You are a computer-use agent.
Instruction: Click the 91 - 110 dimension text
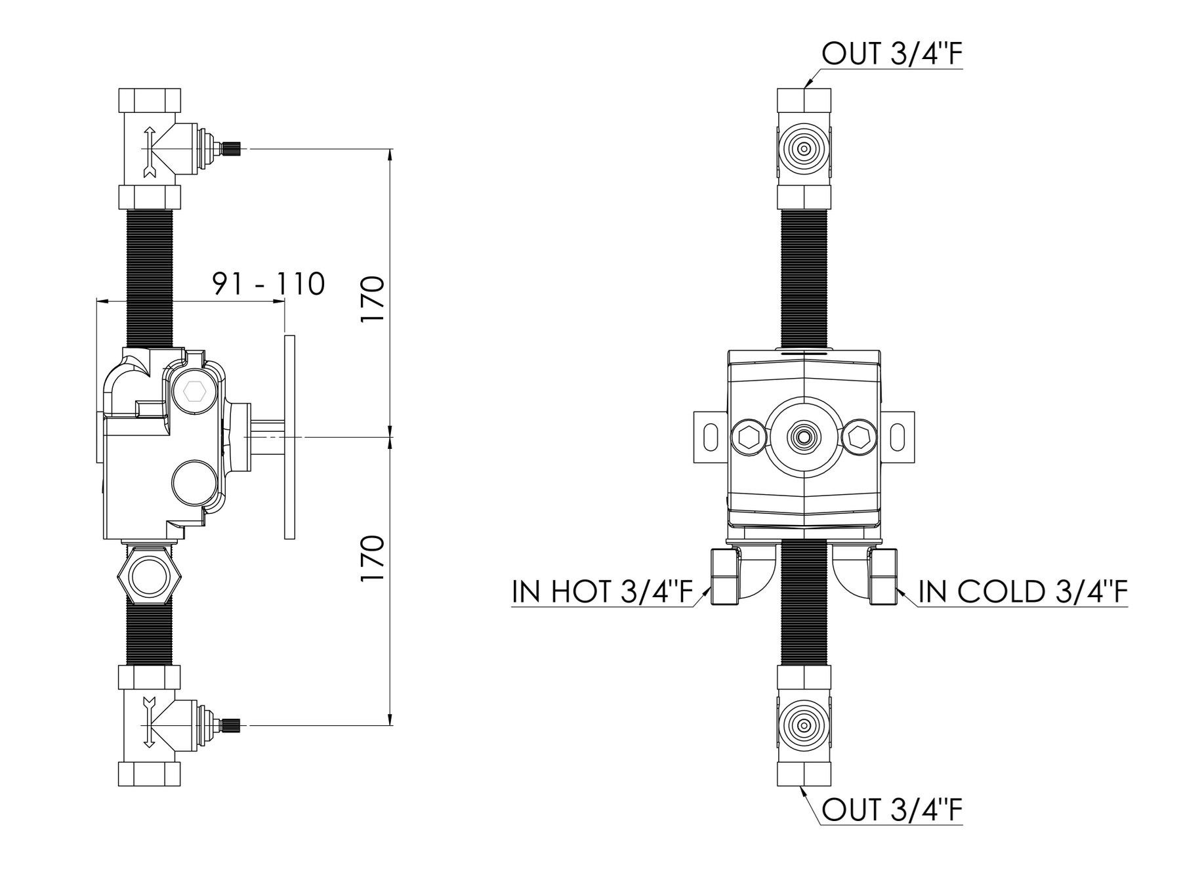pos(268,284)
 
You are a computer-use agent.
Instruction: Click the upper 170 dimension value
pos(372,299)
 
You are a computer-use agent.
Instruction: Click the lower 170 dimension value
pos(372,558)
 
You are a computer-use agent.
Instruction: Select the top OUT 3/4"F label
pos(892,55)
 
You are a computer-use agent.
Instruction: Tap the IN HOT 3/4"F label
pos(602,592)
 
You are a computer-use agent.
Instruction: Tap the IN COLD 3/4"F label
pos(1023,592)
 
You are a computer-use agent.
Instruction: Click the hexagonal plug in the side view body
pos(195,392)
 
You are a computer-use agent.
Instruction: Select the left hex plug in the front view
pos(749,436)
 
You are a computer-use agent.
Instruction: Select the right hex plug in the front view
pos(858,436)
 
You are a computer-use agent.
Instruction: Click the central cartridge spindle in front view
pos(803,436)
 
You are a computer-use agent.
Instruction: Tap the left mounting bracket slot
pos(711,436)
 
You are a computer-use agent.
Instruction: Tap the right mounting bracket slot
pos(896,436)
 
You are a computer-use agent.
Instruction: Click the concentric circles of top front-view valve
pos(803,149)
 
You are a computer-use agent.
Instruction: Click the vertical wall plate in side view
pos(289,436)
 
